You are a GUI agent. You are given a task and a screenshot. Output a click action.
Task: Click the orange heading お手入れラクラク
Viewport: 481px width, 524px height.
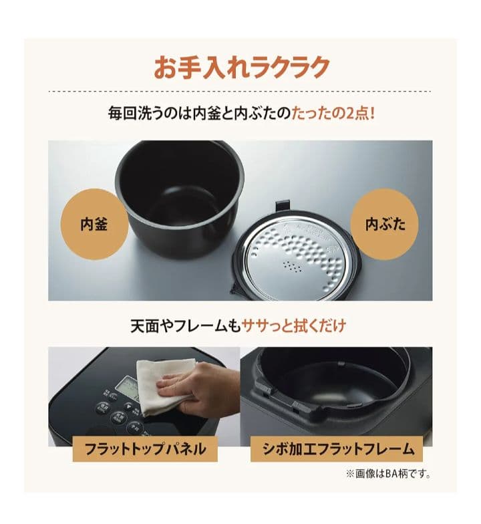click(x=241, y=68)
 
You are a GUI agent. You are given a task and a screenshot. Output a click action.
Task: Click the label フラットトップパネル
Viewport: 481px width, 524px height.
click(x=145, y=448)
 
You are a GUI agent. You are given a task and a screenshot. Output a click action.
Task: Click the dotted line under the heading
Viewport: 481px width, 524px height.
click(x=240, y=91)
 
